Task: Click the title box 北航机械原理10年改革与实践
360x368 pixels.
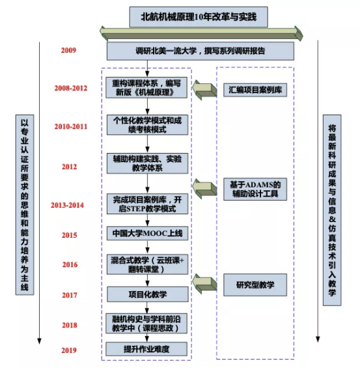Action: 199,17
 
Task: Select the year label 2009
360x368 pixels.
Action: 68,50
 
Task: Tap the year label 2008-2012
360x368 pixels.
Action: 71,88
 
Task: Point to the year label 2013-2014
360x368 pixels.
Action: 67,205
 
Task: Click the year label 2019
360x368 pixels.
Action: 69,350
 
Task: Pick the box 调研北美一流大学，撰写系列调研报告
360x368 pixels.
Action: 201,51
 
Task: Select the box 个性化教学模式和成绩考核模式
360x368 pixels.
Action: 147,125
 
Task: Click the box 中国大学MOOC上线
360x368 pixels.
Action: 147,233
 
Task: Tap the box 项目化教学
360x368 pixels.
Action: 148,294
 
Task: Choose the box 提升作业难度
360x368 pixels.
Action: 146,349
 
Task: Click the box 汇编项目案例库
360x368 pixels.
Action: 255,90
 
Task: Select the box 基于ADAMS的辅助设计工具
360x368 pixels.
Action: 255,189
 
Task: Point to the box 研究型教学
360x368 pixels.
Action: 255,285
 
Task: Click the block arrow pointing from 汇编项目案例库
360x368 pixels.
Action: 204,90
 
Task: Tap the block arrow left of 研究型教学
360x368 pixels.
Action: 204,283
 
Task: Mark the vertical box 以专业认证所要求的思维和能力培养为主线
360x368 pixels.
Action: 25,205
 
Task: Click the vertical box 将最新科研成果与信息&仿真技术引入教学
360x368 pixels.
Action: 332,210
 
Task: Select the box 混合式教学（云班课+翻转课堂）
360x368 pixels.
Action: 147,264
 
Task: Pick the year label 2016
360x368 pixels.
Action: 70,264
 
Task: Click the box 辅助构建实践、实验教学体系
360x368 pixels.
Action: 147,163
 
